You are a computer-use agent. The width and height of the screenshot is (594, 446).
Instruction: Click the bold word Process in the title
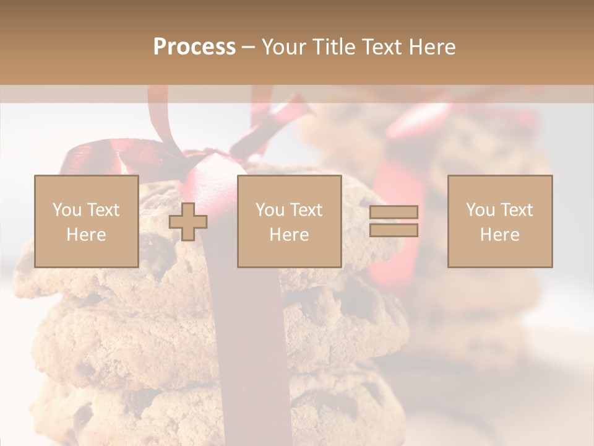point(194,47)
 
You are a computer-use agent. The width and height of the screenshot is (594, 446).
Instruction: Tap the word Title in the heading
point(334,47)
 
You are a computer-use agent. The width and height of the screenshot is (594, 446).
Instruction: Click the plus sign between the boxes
point(188,222)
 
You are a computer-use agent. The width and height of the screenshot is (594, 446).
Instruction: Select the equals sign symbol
point(394,221)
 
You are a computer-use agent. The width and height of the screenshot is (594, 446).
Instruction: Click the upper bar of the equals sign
point(394,212)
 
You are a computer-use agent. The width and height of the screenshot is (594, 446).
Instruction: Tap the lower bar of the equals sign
point(394,230)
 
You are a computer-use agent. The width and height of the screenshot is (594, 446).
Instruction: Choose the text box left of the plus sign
point(87,222)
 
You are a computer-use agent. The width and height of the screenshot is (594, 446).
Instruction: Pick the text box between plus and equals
point(289,222)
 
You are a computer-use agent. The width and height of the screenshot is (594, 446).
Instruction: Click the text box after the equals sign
point(500,222)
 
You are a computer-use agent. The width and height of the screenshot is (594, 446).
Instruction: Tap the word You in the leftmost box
point(66,210)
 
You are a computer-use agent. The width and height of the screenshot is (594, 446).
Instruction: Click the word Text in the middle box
point(307,210)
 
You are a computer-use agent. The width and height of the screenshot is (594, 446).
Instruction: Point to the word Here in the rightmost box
point(500,235)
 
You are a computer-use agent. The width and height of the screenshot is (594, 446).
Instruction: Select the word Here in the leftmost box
point(87,235)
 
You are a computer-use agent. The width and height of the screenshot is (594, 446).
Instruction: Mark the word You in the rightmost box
point(480,210)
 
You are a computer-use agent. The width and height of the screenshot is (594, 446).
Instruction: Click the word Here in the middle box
point(289,235)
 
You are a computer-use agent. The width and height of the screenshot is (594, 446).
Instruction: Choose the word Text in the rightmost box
point(517,210)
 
